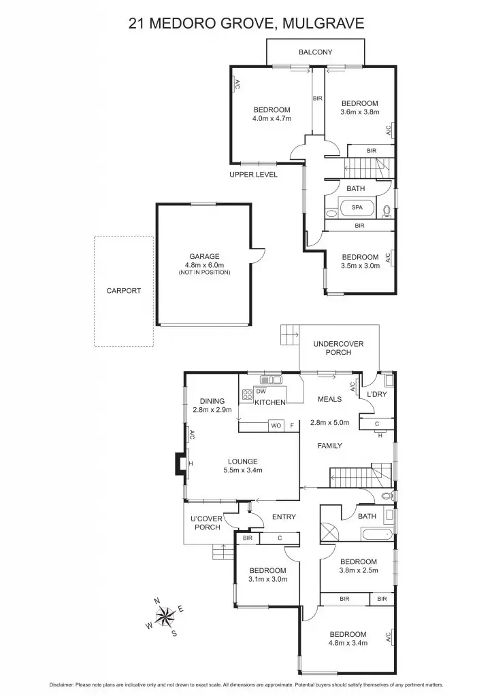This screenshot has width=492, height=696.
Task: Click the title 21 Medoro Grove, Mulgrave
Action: click(246, 24)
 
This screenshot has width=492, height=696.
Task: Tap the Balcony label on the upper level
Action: click(315, 52)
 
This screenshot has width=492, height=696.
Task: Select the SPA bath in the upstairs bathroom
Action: click(357, 208)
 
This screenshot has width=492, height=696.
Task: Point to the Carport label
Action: click(124, 290)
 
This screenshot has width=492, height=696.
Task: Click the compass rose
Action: click(165, 616)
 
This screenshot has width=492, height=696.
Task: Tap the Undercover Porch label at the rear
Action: click(338, 348)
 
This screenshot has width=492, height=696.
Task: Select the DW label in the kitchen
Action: click(261, 391)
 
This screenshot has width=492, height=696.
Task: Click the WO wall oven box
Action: click(276, 425)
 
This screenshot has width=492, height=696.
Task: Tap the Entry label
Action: click(284, 517)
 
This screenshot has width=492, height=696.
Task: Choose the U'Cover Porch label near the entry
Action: click(208, 523)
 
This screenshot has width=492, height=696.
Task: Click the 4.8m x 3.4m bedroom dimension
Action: click(348, 643)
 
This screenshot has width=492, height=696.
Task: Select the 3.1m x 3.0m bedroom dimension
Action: click(267, 580)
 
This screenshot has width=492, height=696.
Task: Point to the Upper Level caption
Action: click(253, 175)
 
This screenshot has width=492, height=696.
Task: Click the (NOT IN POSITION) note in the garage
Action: click(204, 273)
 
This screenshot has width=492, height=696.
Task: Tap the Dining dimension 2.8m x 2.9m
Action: click(212, 410)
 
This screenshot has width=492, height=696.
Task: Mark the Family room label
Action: click(329, 446)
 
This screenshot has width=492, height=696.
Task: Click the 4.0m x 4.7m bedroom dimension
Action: click(272, 118)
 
